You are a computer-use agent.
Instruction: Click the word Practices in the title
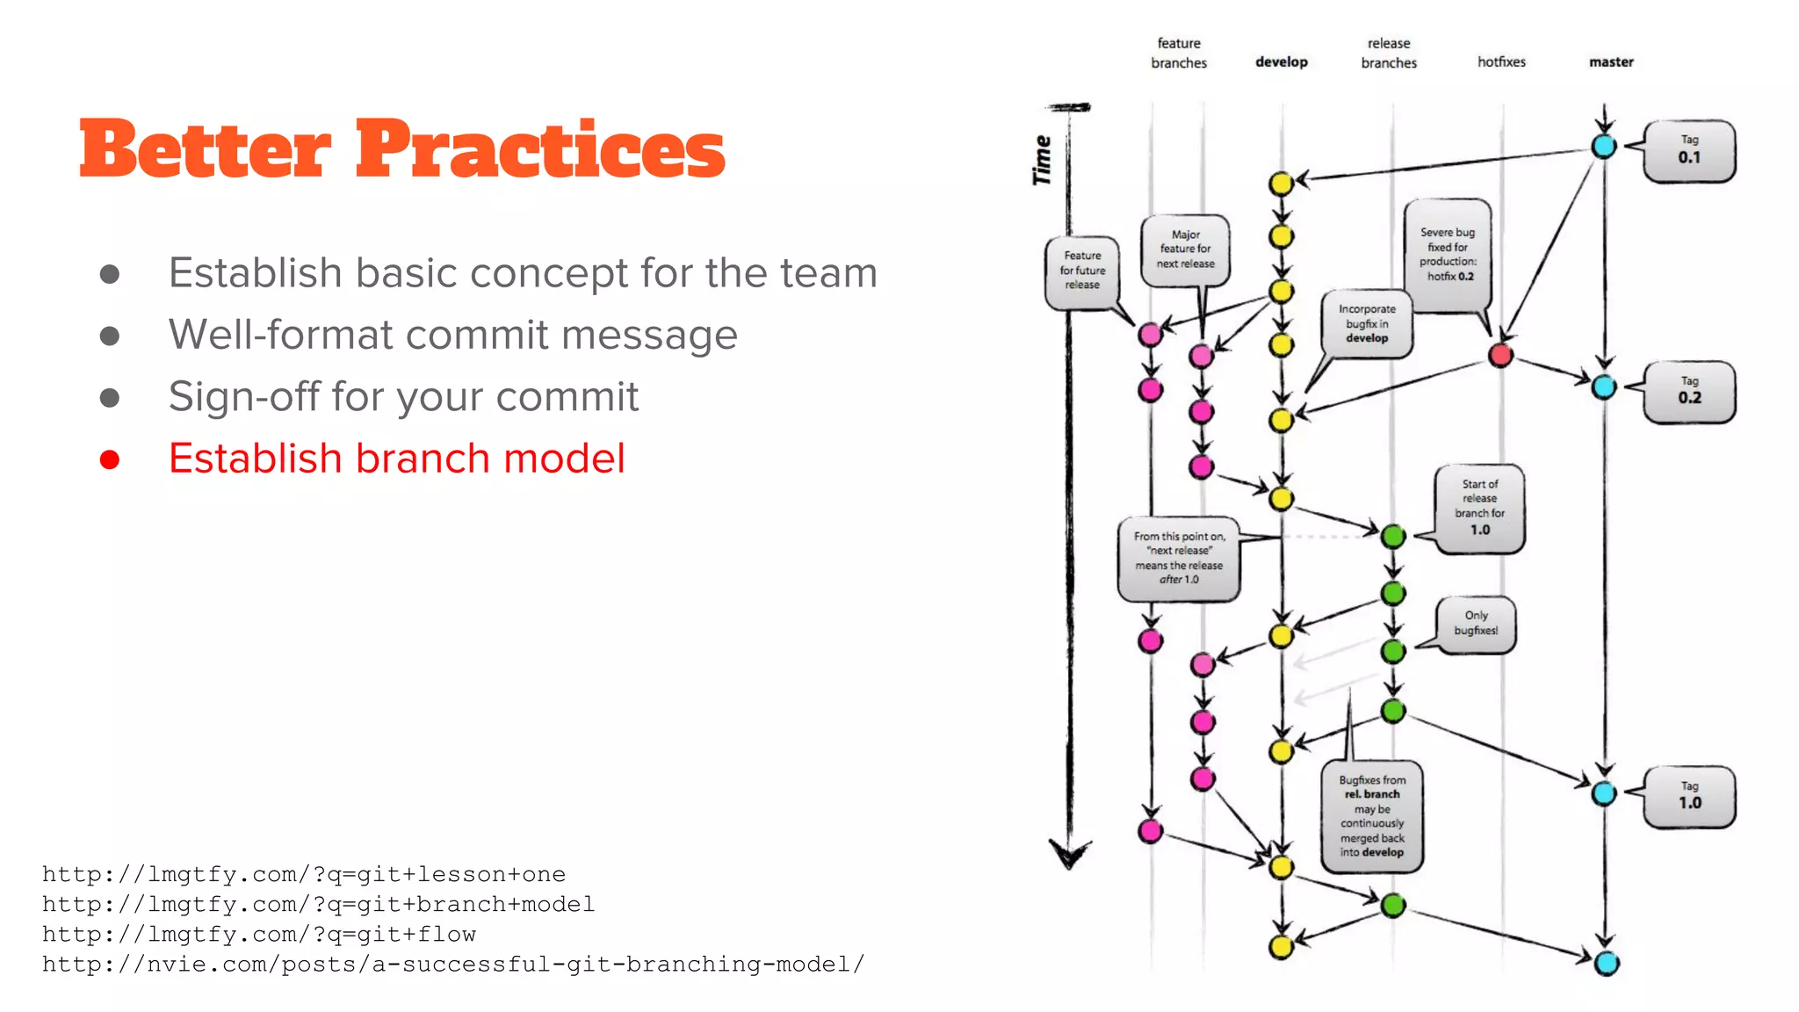click(x=540, y=149)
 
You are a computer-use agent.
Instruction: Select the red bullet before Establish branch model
click(x=110, y=459)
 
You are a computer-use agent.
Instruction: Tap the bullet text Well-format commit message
click(x=452, y=335)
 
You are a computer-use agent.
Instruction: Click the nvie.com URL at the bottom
click(x=453, y=965)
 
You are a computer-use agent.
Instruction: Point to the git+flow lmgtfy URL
click(x=259, y=935)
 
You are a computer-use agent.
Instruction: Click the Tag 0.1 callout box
click(x=1689, y=150)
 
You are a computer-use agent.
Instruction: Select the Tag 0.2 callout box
click(x=1689, y=391)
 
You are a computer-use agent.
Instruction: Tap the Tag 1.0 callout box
click(x=1689, y=796)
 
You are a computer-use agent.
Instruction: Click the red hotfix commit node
click(x=1500, y=355)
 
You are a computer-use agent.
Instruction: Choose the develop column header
click(x=1281, y=61)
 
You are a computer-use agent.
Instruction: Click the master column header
click(x=1611, y=61)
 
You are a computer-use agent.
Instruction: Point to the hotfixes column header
click(x=1501, y=61)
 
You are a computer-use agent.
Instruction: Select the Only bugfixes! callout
click(x=1476, y=624)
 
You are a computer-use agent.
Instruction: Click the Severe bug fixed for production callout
click(x=1448, y=255)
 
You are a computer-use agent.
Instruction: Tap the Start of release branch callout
click(x=1480, y=508)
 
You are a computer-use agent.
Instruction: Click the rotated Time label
click(x=1043, y=160)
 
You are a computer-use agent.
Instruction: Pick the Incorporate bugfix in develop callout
click(x=1367, y=323)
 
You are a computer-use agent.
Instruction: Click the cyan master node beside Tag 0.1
click(x=1604, y=147)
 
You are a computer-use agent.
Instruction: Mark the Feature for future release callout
click(x=1082, y=271)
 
